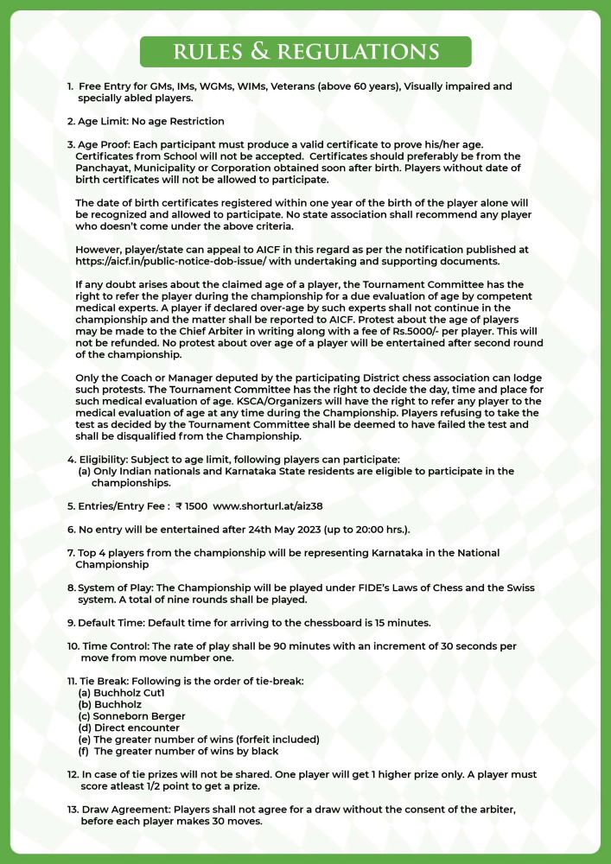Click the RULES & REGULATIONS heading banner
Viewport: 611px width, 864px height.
pos(305,51)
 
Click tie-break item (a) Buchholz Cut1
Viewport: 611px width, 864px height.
pos(121,693)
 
